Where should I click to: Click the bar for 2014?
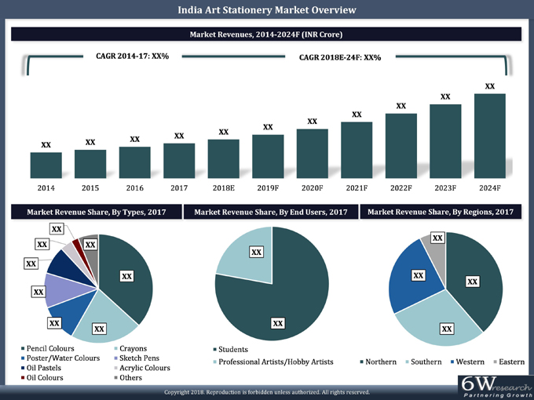(46, 164)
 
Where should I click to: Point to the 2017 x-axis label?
(179, 188)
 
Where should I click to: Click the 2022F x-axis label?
(400, 188)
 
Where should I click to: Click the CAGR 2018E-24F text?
(340, 57)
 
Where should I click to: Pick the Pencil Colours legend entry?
(49, 348)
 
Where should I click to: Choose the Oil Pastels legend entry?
(46, 368)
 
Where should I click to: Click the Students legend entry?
(233, 349)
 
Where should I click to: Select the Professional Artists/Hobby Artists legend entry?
(275, 362)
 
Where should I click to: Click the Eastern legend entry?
(512, 362)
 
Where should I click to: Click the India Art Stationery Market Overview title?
(266, 10)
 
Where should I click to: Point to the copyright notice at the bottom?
(266, 391)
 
